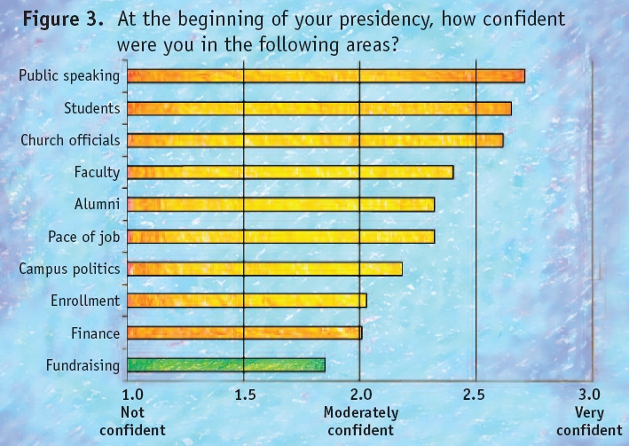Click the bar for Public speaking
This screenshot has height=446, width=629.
326,76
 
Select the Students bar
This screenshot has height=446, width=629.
319,108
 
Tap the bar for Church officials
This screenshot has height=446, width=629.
315,140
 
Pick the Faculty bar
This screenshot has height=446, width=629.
290,172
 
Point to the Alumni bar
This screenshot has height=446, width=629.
281,205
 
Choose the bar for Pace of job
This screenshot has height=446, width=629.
281,237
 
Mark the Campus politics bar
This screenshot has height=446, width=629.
265,269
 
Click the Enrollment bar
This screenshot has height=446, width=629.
247,301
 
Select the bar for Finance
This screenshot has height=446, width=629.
245,333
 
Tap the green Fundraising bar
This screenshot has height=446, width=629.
226,364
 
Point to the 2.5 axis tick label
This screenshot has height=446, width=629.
476,394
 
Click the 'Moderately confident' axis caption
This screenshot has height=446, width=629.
360,421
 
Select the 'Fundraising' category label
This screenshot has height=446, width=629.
82,364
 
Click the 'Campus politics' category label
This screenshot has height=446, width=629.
69,269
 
